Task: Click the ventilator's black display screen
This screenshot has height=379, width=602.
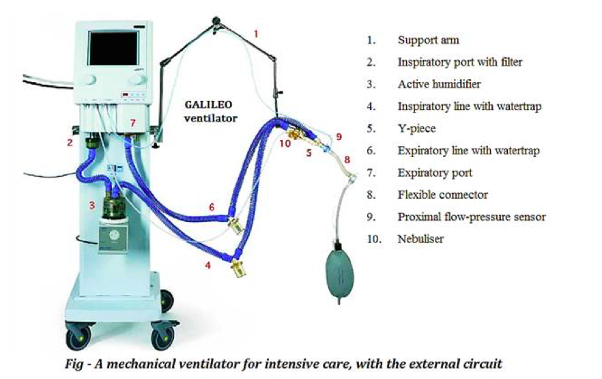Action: click(113, 48)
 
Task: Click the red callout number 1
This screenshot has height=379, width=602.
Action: click(256, 33)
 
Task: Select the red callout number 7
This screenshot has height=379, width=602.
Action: click(133, 123)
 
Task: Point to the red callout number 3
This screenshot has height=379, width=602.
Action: click(91, 205)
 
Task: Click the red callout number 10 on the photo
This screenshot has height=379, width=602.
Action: click(285, 143)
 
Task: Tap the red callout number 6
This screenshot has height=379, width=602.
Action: click(212, 208)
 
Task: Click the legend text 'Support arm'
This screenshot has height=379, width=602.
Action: click(428, 40)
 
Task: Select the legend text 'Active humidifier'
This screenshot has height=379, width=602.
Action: click(439, 84)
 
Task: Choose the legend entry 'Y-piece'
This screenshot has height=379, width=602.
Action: click(416, 128)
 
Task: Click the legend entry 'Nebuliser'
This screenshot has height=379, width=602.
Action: click(420, 239)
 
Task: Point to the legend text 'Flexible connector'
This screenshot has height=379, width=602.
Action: click(443, 195)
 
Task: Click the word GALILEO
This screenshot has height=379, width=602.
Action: click(208, 104)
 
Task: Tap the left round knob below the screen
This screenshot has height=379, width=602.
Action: click(89, 79)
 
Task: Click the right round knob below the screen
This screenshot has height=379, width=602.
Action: click(137, 79)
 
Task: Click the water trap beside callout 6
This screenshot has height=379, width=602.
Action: click(235, 225)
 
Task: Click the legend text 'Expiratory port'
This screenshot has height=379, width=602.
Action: click(435, 173)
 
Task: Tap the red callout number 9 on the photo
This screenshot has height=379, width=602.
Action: click(339, 137)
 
